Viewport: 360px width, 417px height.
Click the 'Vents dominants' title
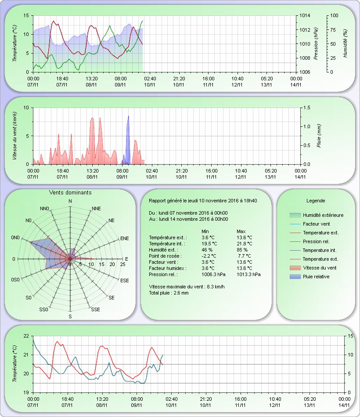(70, 192)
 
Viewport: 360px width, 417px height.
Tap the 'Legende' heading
(316, 201)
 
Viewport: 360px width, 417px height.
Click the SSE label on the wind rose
(95, 309)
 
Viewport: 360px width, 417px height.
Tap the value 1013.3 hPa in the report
(248, 274)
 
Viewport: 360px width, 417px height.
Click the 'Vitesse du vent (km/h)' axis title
(14, 135)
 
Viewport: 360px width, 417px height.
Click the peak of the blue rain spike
(128, 116)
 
